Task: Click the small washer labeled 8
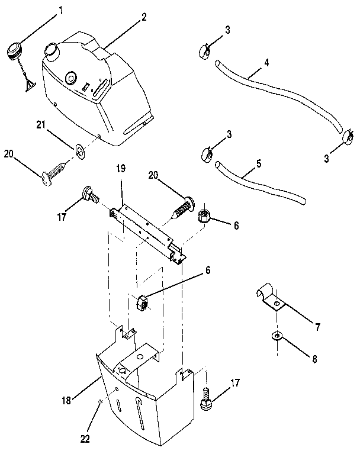coord(277,337)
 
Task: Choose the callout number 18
coord(66,401)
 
